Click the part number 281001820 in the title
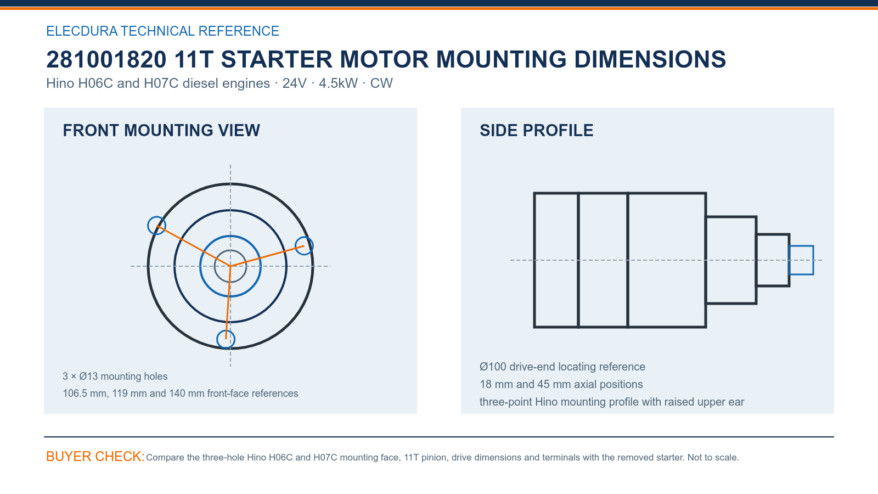click(106, 59)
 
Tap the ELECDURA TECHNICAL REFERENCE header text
click(162, 31)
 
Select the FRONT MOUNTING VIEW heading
click(161, 131)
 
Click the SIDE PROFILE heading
click(536, 131)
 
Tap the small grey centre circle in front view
click(230, 250)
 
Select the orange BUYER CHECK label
click(95, 456)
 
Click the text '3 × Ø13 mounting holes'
click(115, 377)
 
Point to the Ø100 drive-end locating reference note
click(562, 367)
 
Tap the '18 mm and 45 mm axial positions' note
click(561, 384)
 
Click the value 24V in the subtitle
click(294, 83)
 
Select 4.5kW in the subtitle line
click(338, 83)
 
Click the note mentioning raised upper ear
click(611, 402)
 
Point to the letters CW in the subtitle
click(381, 83)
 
